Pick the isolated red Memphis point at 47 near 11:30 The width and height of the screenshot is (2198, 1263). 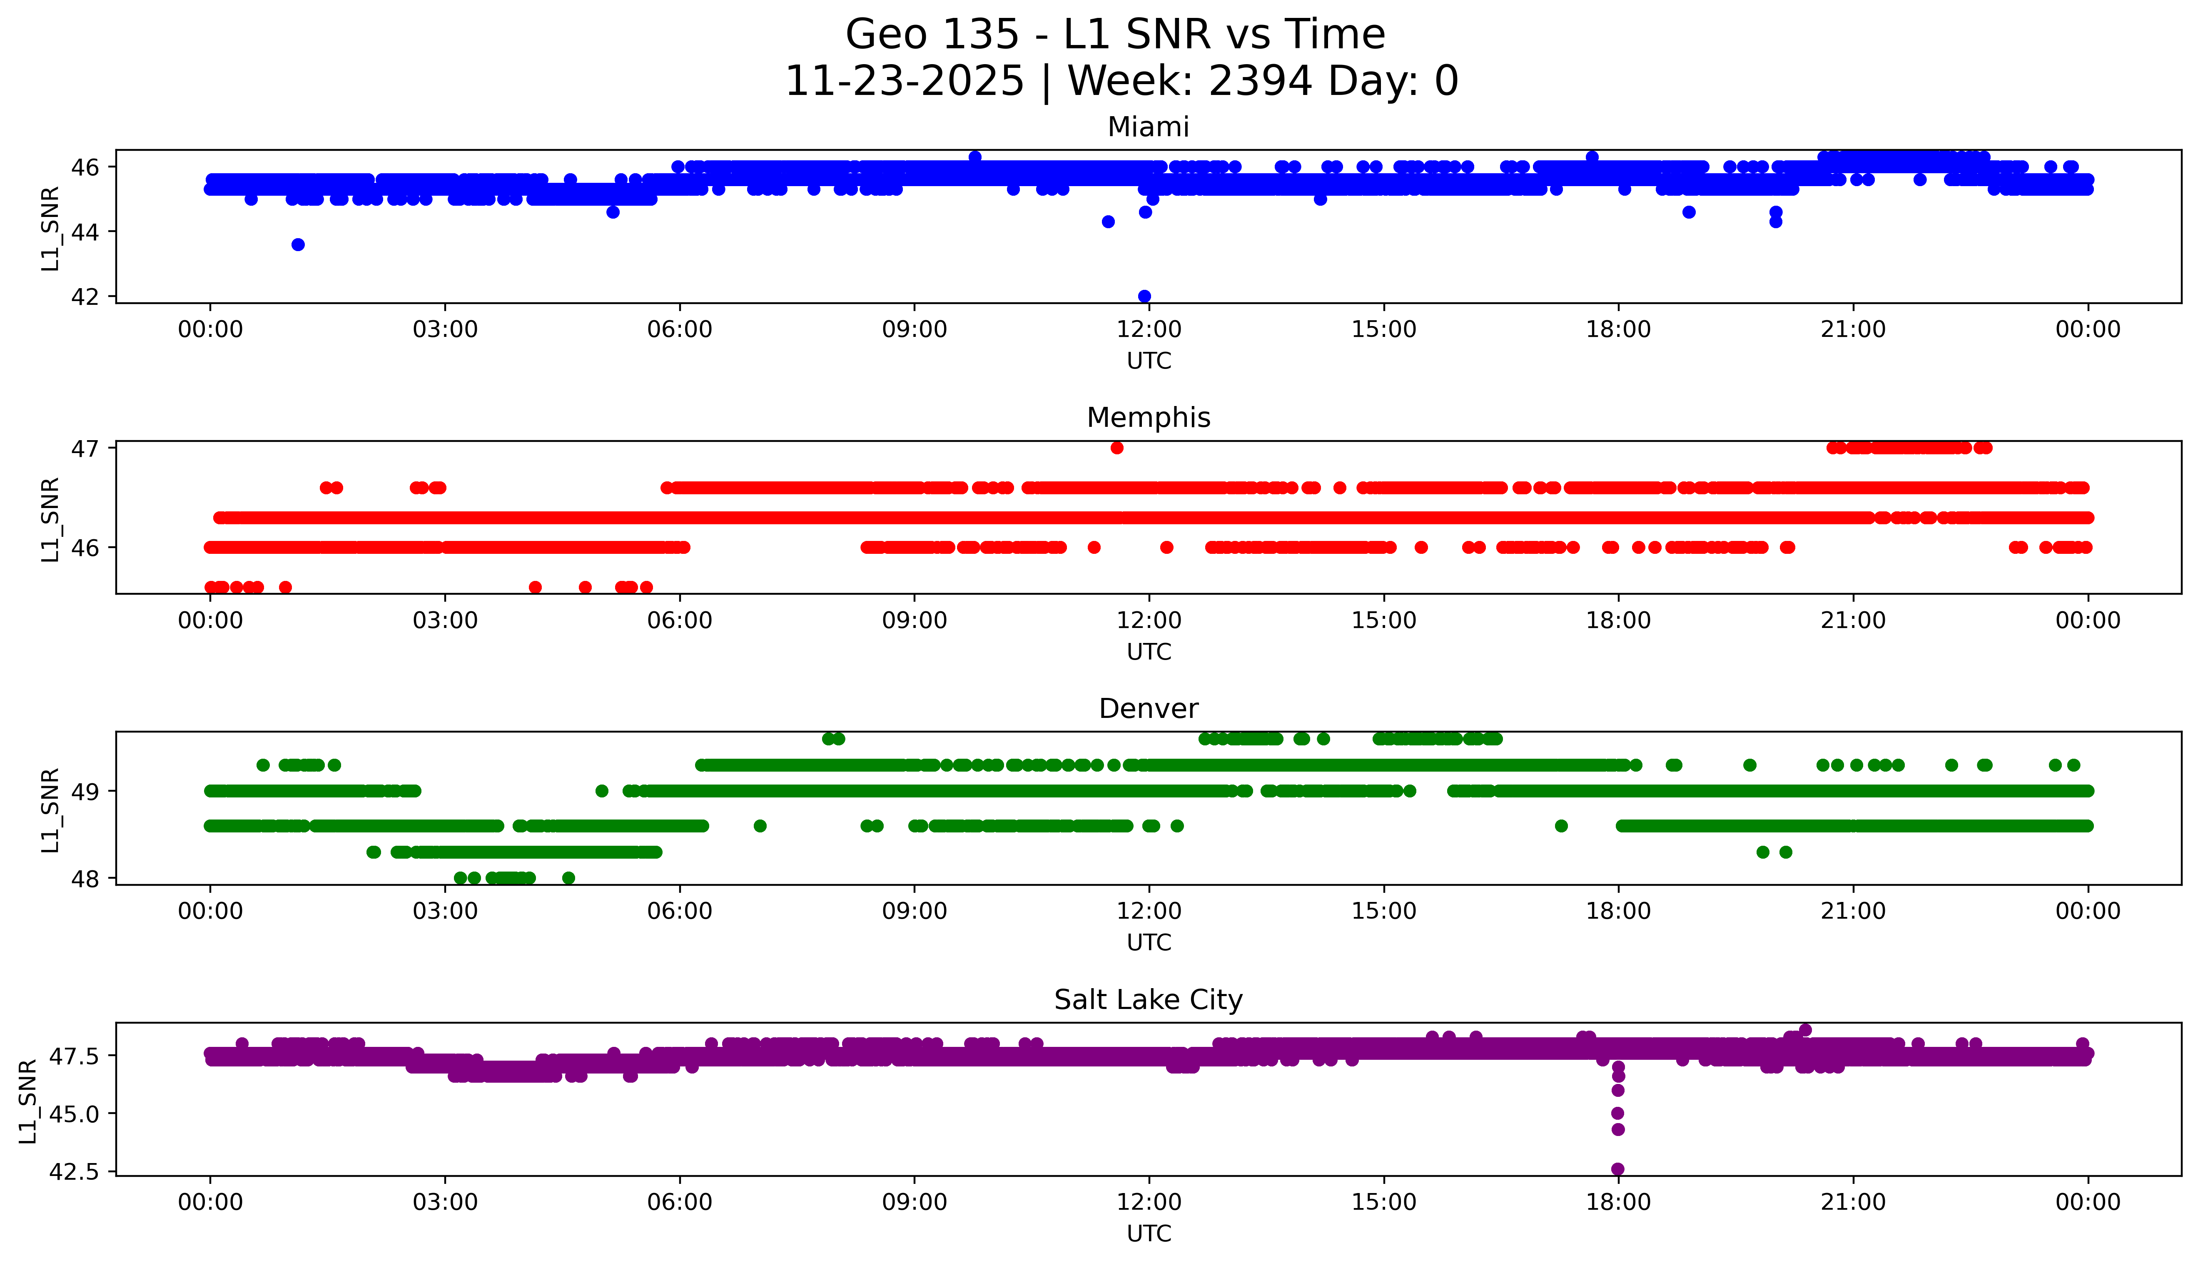(x=1116, y=448)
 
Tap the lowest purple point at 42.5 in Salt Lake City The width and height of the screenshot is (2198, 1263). (x=1618, y=1168)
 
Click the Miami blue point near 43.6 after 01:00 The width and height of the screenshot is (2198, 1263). (x=297, y=244)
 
